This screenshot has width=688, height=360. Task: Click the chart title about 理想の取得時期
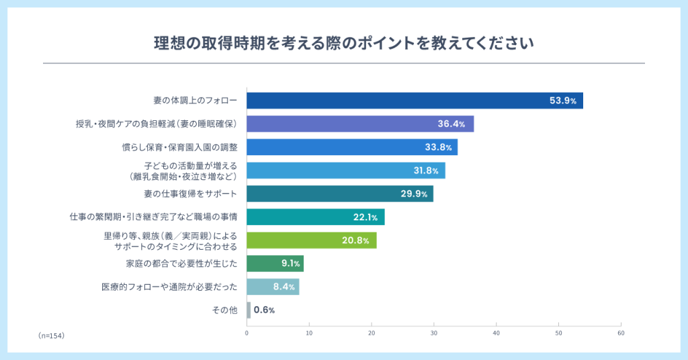(343, 44)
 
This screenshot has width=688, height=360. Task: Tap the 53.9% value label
(563, 101)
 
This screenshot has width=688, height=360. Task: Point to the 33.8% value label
(437, 148)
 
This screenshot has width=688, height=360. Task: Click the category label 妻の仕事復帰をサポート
(191, 194)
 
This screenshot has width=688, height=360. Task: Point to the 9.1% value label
(290, 263)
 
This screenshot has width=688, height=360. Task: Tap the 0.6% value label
(264, 310)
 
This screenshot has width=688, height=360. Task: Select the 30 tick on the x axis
(434, 333)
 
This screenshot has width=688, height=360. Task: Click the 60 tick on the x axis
(621, 333)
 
